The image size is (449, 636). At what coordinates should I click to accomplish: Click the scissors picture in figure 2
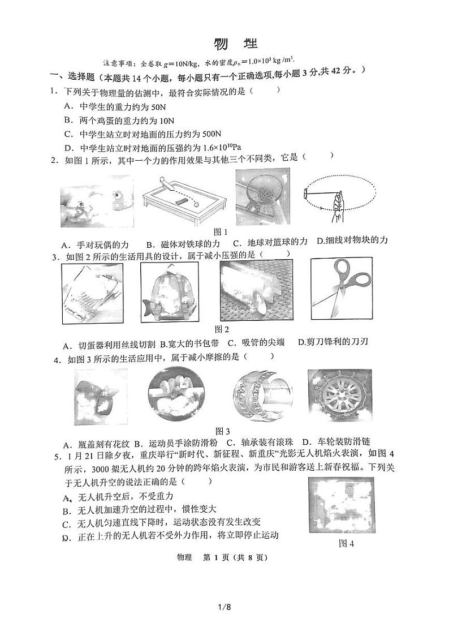pyautogui.click(x=343, y=290)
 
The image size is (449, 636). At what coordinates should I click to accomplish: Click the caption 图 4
pyautogui.click(x=346, y=544)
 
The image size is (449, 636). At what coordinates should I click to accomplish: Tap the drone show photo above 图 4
pyautogui.click(x=342, y=506)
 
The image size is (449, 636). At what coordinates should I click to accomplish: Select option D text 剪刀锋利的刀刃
pyautogui.click(x=339, y=342)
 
